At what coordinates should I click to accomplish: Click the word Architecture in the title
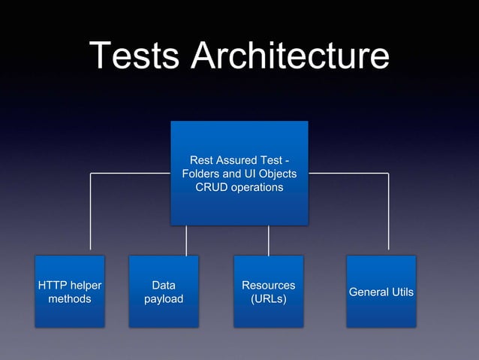pyautogui.click(x=290, y=56)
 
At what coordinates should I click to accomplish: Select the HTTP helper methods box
pyautogui.click(x=70, y=292)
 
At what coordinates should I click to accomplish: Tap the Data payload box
pyautogui.click(x=164, y=292)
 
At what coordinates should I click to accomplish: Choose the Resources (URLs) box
pyautogui.click(x=268, y=292)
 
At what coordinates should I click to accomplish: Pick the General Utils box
pyautogui.click(x=381, y=292)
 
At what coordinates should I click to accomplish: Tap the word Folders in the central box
pyautogui.click(x=200, y=174)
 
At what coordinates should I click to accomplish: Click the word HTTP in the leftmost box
pyautogui.click(x=52, y=286)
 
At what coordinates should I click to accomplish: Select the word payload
pyautogui.click(x=164, y=299)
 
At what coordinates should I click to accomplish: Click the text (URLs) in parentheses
pyautogui.click(x=268, y=299)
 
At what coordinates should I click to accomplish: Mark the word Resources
pyautogui.click(x=268, y=286)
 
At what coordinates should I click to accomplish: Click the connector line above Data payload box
pyautogui.click(x=186, y=241)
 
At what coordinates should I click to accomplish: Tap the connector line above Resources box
pyautogui.click(x=268, y=241)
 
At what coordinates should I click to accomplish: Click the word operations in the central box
pyautogui.click(x=255, y=187)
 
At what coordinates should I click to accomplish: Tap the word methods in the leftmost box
pyautogui.click(x=70, y=299)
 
